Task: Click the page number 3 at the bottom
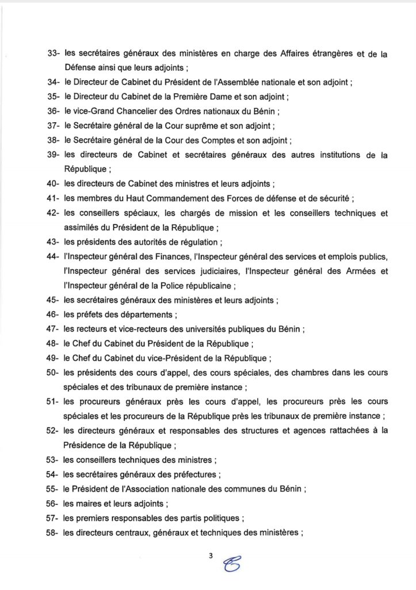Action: click(x=211, y=556)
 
